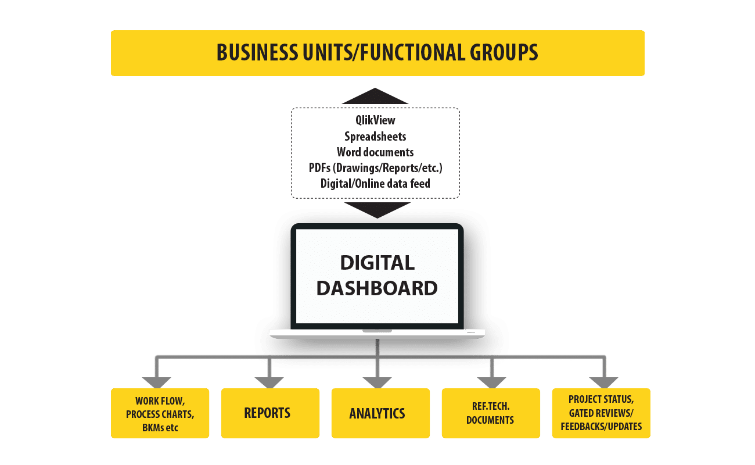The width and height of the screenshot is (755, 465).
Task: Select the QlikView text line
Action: (376, 121)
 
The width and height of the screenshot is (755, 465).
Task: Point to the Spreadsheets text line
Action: (375, 137)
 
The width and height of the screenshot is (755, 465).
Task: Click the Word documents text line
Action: (375, 152)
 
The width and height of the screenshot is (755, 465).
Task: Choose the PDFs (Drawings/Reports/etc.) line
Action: (375, 168)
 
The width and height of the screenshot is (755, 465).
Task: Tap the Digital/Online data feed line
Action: (375, 183)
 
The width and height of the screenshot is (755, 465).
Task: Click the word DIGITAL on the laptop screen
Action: (377, 263)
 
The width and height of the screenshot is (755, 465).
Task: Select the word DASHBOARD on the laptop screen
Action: (377, 288)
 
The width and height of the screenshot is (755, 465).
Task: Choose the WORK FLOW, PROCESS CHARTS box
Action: (160, 413)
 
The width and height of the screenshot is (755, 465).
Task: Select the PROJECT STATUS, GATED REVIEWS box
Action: (601, 413)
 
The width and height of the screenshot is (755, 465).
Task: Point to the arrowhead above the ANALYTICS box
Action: (378, 382)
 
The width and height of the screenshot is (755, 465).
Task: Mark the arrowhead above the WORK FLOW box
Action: (157, 382)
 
